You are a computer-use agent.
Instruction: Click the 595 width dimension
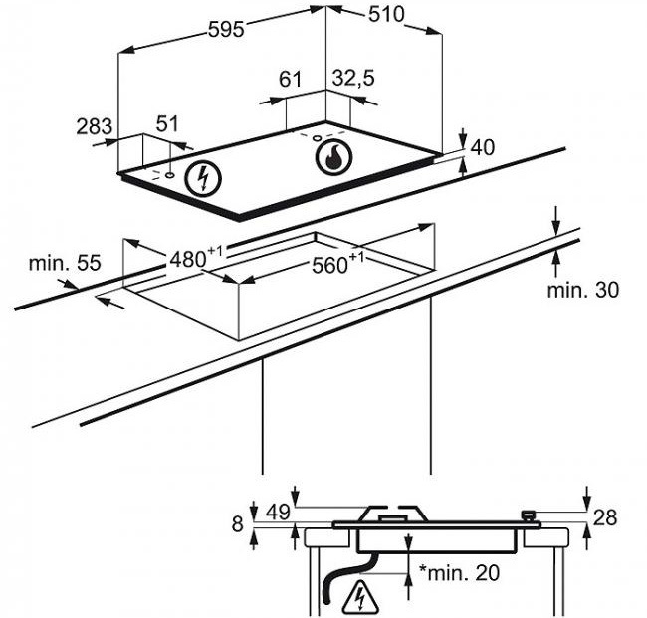tap(226, 29)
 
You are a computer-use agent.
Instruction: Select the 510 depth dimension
tap(386, 15)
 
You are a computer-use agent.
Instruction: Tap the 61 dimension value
tap(291, 79)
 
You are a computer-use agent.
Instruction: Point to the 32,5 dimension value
tap(353, 79)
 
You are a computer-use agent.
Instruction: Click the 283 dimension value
tap(95, 126)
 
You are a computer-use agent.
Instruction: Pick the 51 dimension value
tap(167, 123)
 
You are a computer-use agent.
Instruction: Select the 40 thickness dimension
tap(482, 147)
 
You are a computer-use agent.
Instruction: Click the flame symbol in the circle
tap(334, 158)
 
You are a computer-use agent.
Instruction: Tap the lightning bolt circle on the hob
tap(203, 179)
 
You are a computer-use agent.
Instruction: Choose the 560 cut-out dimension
tap(337, 263)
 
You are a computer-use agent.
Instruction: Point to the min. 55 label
tap(65, 263)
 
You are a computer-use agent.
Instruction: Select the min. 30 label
tap(583, 290)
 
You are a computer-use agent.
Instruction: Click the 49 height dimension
tap(278, 512)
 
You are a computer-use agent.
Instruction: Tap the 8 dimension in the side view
tap(237, 524)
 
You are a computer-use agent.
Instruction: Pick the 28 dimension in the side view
tap(605, 517)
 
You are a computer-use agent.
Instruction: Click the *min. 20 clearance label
tap(459, 572)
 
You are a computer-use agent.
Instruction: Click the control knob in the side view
tap(529, 516)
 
